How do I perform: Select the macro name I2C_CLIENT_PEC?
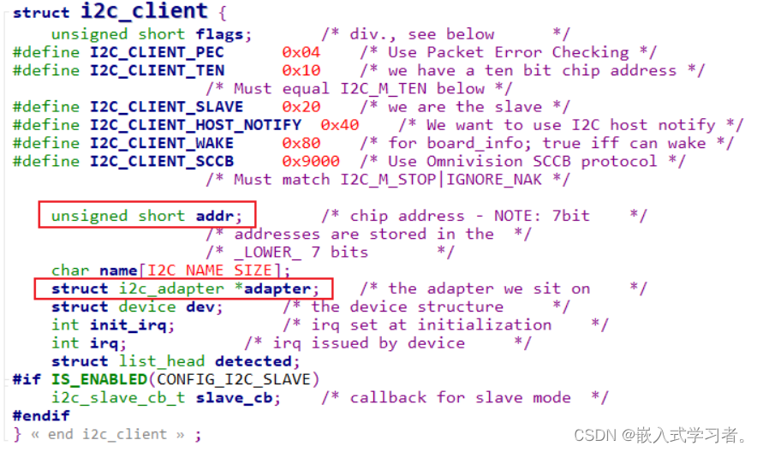[x=157, y=52]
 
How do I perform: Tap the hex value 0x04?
[x=301, y=52]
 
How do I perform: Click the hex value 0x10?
[x=301, y=70]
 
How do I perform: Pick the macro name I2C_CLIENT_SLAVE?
[x=166, y=107]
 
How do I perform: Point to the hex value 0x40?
[x=340, y=125]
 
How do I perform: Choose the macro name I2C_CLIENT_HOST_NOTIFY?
[x=195, y=125]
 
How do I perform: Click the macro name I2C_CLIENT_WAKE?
[x=161, y=143]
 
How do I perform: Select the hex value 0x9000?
[x=311, y=161]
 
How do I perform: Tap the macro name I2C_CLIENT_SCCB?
[x=161, y=161]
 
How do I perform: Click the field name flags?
[x=224, y=34]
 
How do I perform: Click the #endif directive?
[x=41, y=415]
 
